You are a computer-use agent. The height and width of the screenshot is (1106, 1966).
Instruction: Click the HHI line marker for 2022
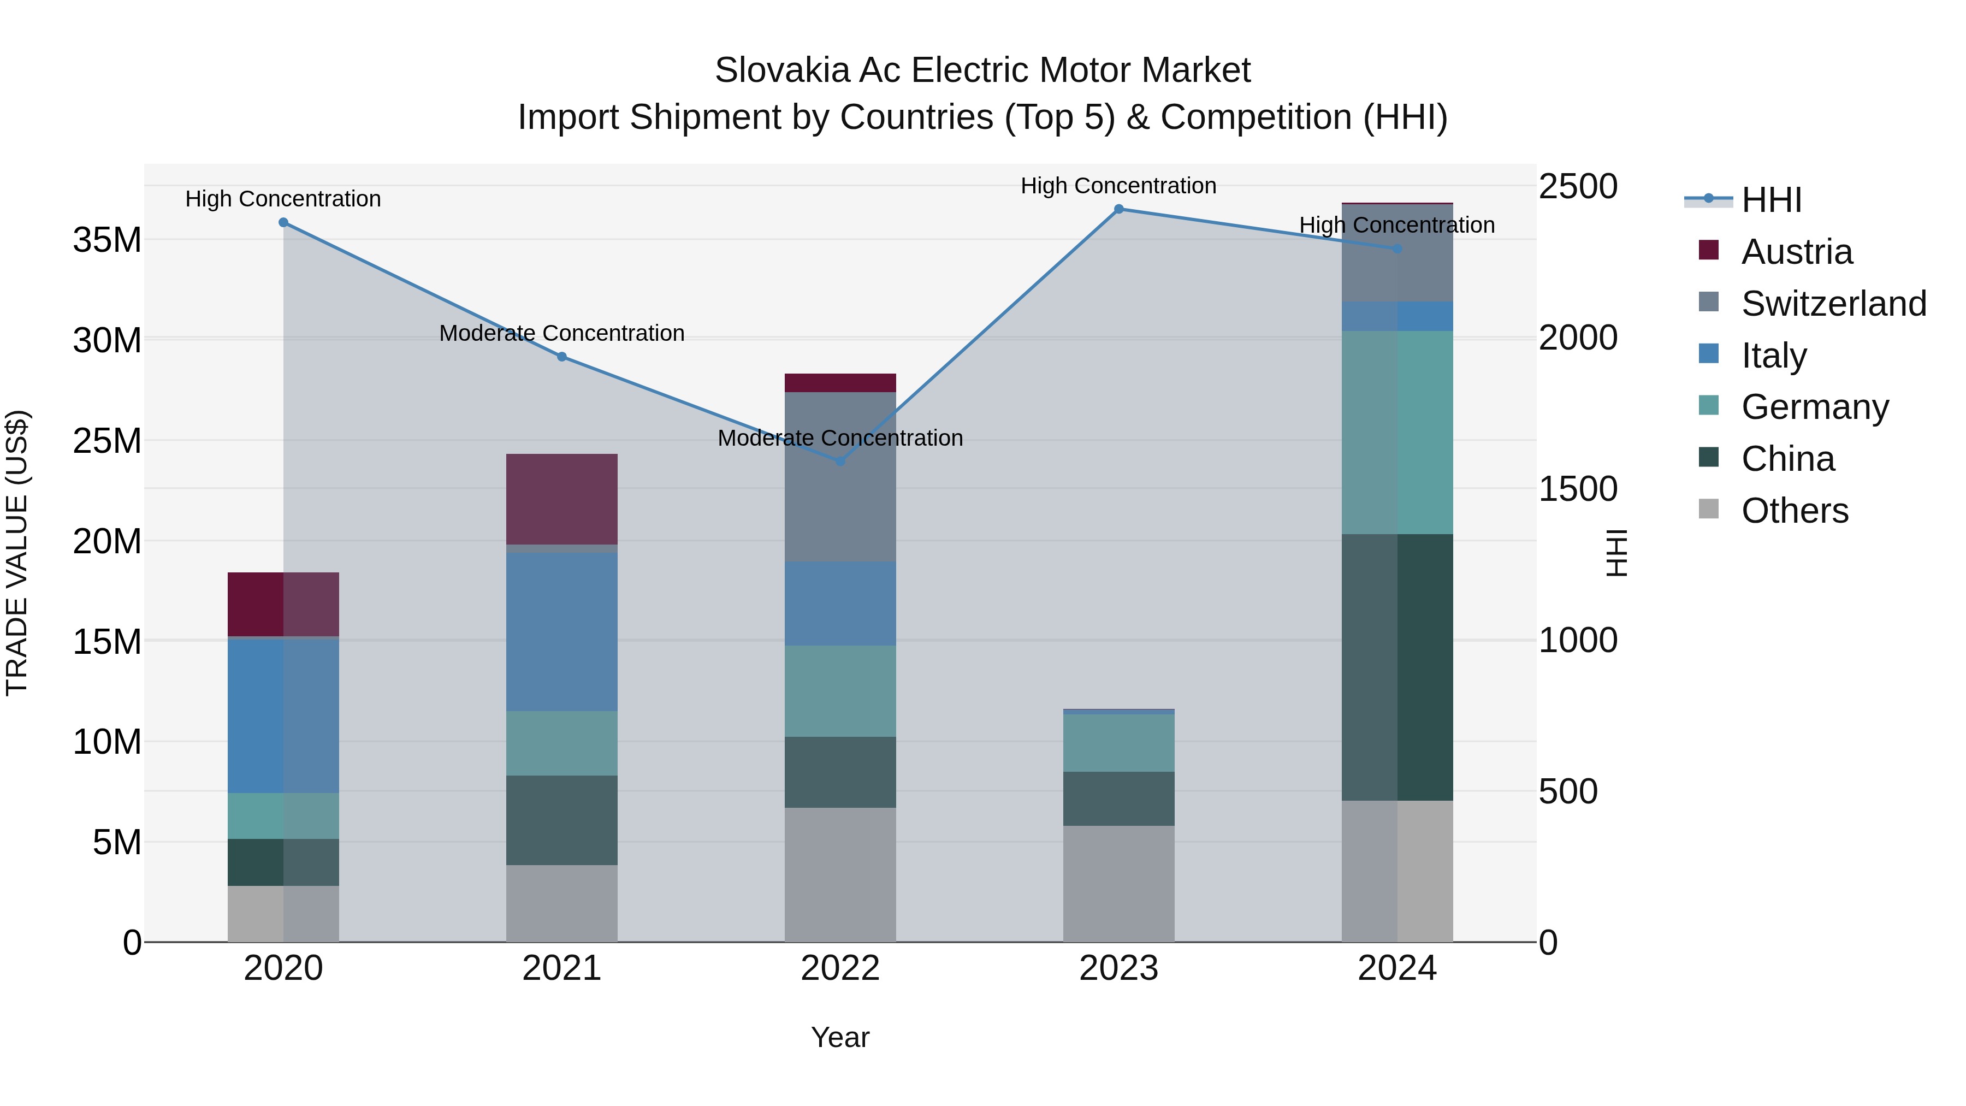pos(840,461)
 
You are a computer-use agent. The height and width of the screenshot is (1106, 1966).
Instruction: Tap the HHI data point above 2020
pos(283,223)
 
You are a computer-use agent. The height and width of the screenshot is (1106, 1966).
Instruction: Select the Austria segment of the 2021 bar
pos(562,499)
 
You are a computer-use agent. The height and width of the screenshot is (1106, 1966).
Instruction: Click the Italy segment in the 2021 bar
pos(562,632)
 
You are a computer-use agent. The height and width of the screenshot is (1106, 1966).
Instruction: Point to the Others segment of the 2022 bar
pos(840,875)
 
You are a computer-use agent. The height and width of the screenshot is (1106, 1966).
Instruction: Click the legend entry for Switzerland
pos(1833,304)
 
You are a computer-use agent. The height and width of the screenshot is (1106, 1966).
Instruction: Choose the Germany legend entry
pos(1814,407)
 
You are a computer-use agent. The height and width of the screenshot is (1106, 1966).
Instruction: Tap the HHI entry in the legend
pos(1770,200)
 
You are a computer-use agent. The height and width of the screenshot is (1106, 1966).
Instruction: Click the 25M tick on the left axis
pos(107,441)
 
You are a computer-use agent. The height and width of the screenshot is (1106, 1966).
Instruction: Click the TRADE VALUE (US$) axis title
pos(17,553)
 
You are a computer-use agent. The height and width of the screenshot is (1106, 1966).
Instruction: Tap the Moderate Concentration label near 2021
pos(562,334)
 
